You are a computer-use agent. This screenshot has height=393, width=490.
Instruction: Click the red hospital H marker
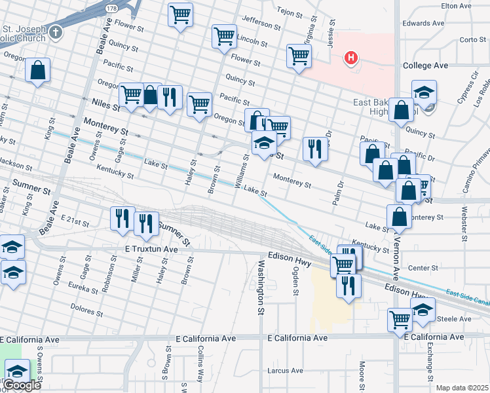352,58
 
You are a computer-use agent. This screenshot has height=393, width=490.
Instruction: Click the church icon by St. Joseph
56,31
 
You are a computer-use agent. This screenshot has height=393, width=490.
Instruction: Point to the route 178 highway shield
113,7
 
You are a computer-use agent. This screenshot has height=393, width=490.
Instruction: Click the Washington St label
260,288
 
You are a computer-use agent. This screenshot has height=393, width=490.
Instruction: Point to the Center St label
423,268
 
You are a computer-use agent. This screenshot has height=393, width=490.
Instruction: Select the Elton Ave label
457,6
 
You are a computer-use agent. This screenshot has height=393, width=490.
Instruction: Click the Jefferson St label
261,24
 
